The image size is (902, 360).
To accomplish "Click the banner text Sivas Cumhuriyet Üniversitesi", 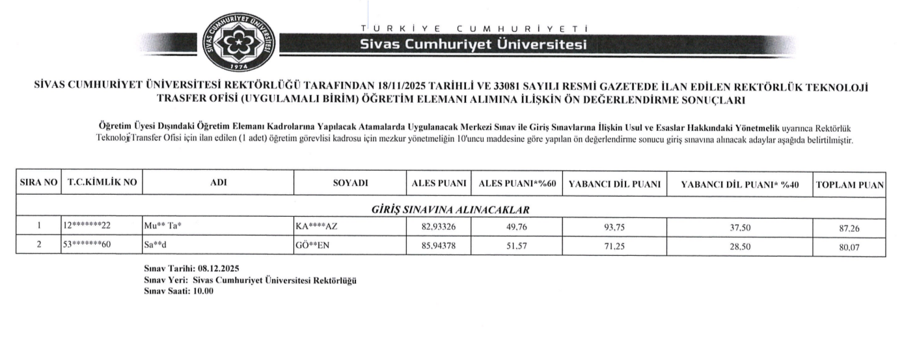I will click(x=474, y=44).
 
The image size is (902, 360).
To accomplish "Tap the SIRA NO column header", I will click(x=39, y=184).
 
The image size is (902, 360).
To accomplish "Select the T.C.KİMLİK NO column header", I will click(x=102, y=184).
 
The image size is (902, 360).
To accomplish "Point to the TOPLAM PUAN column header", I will click(x=849, y=184).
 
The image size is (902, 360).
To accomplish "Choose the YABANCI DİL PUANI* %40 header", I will click(x=738, y=184).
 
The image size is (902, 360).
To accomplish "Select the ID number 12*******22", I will click(x=87, y=226).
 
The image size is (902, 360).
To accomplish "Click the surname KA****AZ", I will click(x=316, y=226).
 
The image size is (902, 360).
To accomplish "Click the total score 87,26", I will click(x=849, y=227).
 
